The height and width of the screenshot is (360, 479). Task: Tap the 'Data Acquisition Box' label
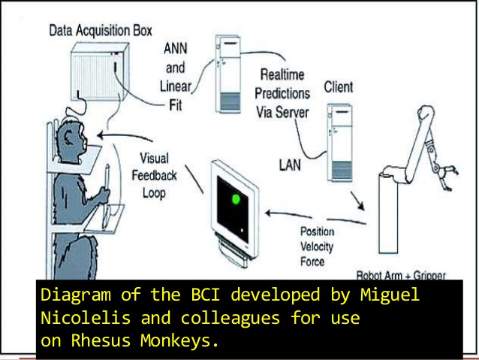(100, 31)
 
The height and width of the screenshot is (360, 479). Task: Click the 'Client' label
(339, 87)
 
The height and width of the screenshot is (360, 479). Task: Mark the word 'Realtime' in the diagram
(286, 75)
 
